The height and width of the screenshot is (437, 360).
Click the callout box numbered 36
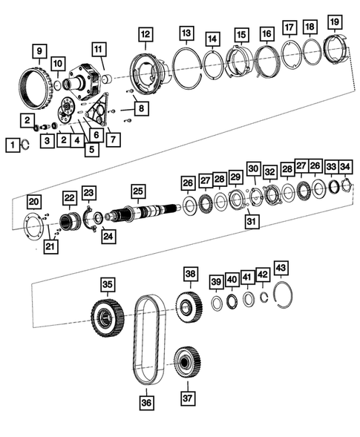(x=145, y=402)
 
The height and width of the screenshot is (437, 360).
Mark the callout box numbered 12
(x=145, y=33)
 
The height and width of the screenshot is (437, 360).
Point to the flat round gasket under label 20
(x=34, y=223)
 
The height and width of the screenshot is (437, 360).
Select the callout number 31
(x=253, y=221)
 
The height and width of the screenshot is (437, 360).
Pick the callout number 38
(x=192, y=274)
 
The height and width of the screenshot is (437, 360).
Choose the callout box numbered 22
(x=69, y=197)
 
